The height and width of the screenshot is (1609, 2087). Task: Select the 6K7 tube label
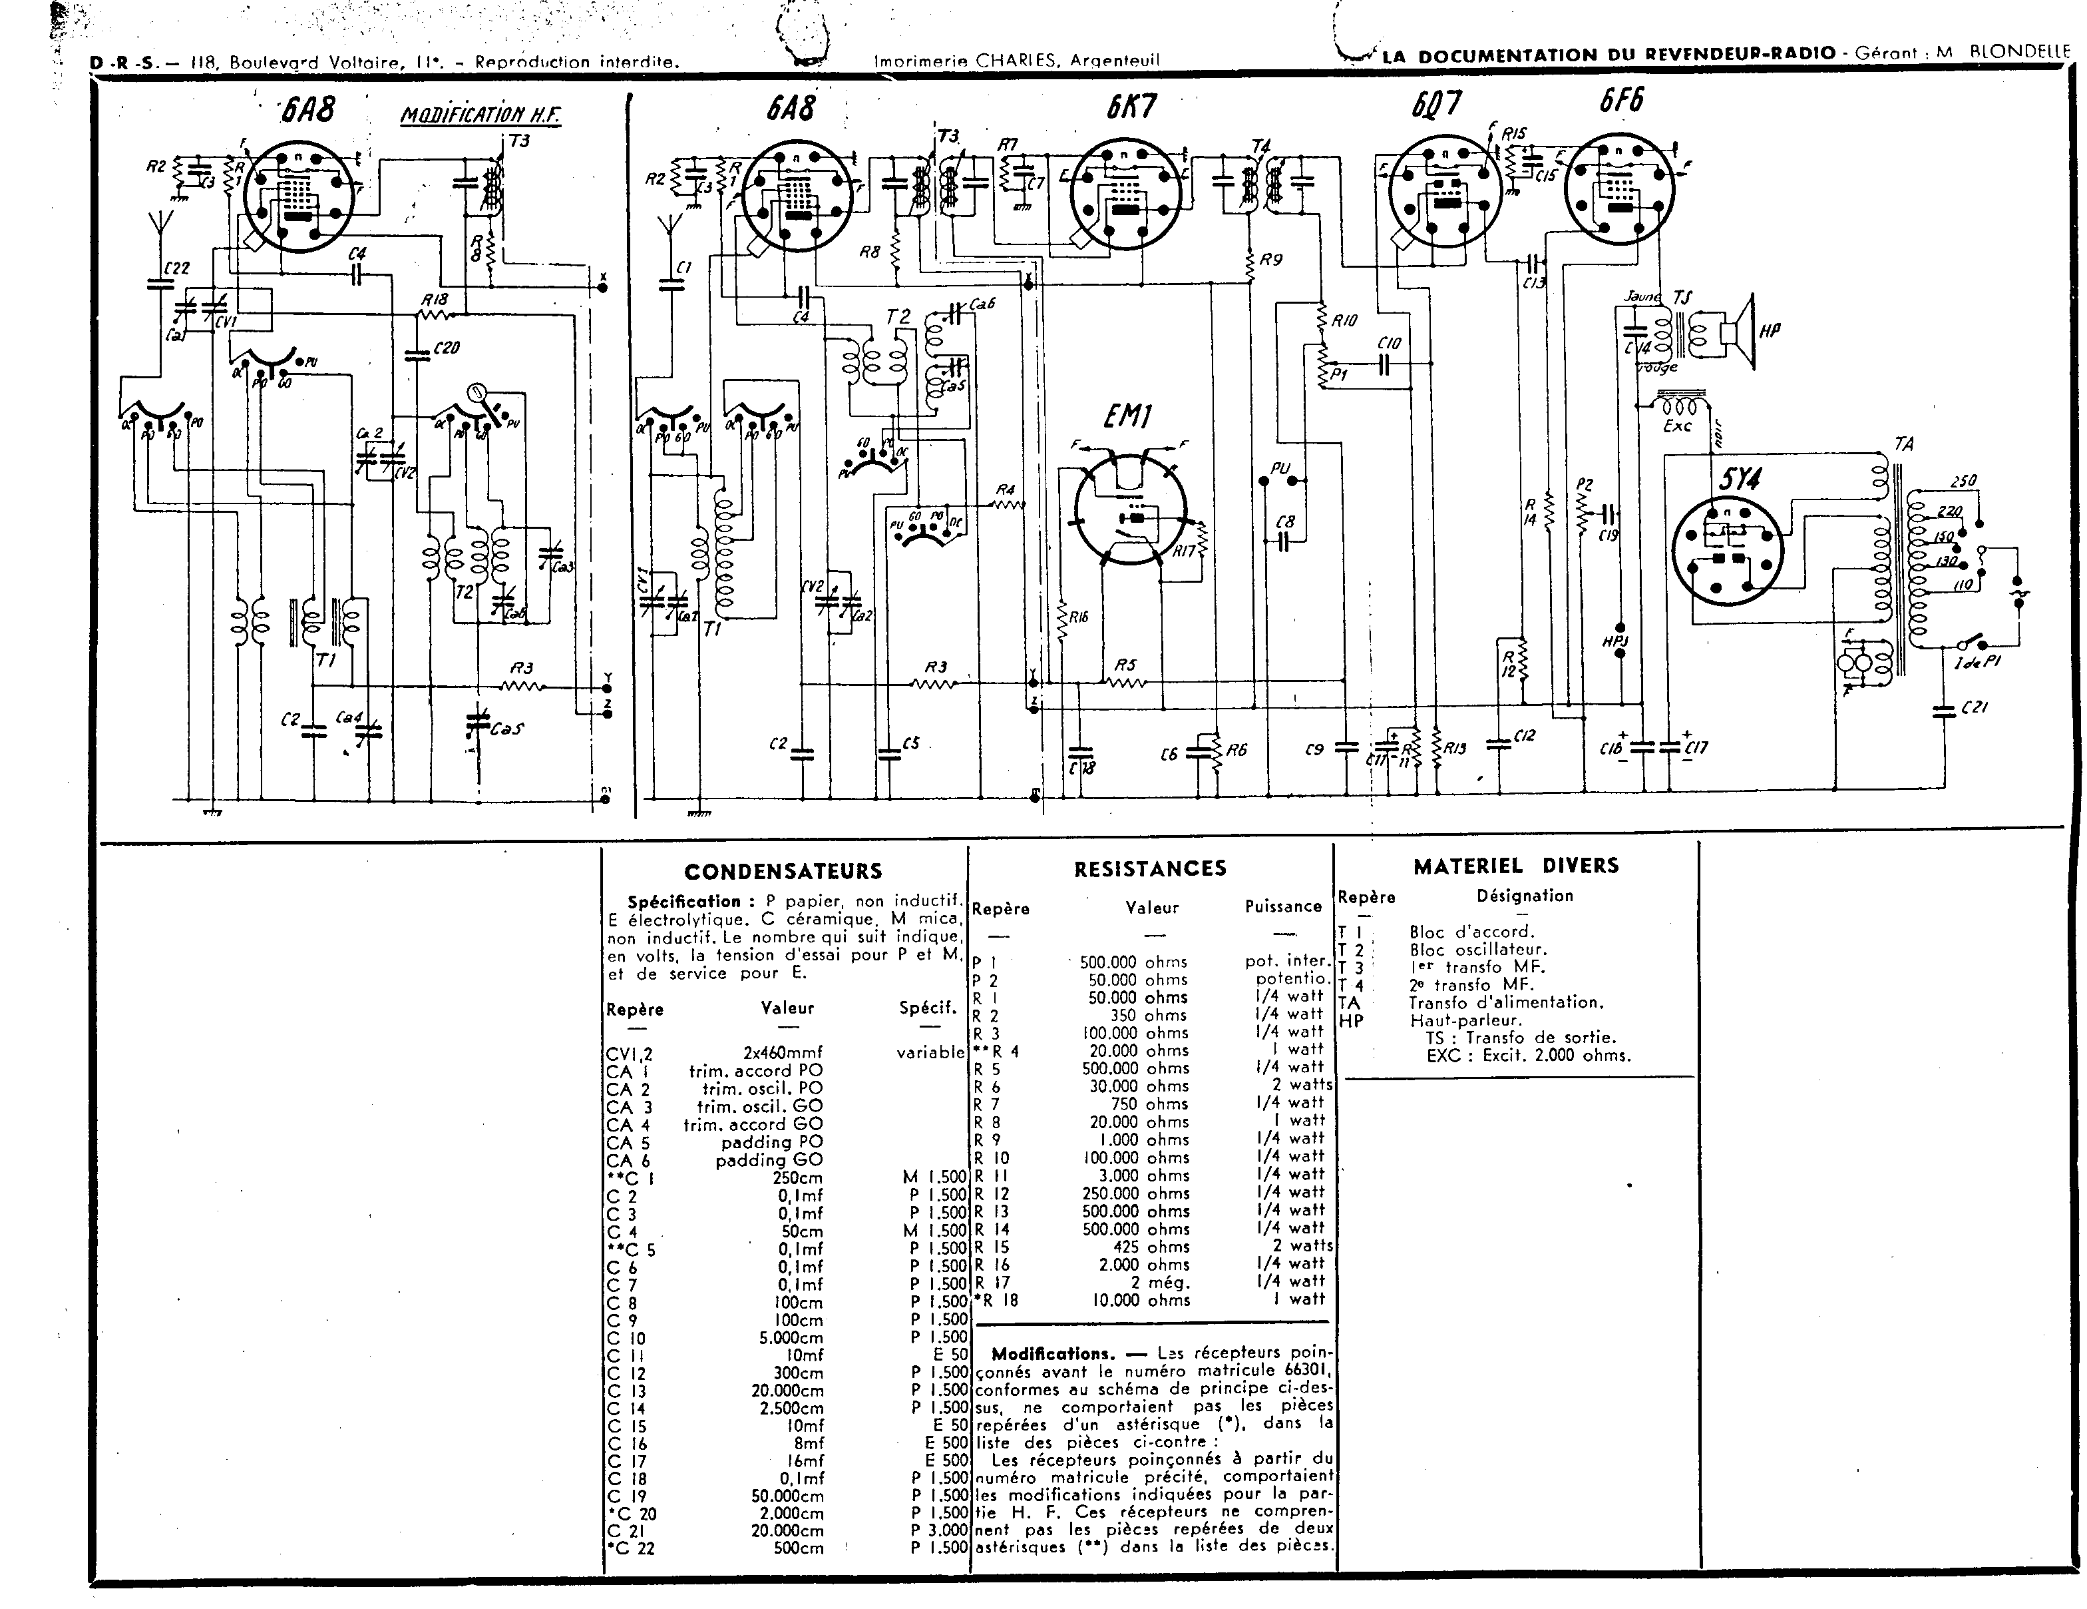coord(1133,106)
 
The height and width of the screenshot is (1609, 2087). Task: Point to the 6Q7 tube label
coord(1436,104)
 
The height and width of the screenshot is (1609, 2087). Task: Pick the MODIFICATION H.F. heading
coord(480,117)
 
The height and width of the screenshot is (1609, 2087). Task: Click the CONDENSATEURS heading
coord(783,871)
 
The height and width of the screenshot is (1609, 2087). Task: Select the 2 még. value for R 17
coord(1159,1282)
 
